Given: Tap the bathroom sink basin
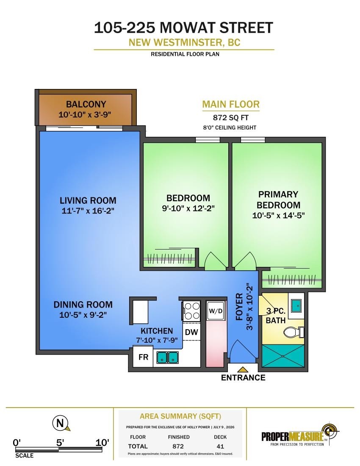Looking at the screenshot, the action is click(296, 305).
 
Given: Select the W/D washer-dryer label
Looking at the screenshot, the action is click(215, 311).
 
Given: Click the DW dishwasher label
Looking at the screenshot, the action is click(191, 332).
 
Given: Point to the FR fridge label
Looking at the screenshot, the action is click(144, 357).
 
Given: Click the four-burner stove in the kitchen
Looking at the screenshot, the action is click(191, 311).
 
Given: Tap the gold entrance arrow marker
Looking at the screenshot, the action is click(243, 369).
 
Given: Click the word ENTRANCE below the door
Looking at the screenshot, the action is click(243, 377).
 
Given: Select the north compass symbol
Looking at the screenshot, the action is click(61, 423).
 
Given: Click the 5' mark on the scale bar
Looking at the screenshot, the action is click(60, 442).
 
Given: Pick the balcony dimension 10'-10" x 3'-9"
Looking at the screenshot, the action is click(85, 114).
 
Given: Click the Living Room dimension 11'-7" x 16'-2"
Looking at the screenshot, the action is click(88, 211).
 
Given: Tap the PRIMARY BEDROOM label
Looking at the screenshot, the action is click(278, 200).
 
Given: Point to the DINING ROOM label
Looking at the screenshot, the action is click(83, 305).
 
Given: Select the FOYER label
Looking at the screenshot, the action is click(239, 307).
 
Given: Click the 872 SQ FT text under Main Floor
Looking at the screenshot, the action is click(231, 118).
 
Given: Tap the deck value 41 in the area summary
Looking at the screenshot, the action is click(220, 447).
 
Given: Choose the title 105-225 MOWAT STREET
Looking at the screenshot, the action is click(183, 28).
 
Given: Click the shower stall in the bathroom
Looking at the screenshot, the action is click(283, 356).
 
